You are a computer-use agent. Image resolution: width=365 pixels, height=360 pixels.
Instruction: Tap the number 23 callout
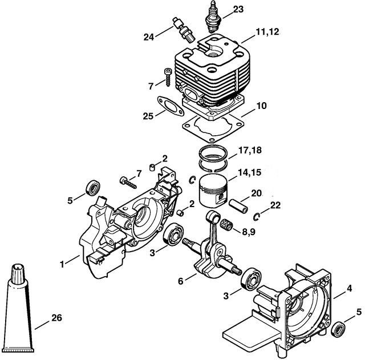(x=237, y=9)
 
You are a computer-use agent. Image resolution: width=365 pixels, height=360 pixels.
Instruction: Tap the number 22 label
(x=275, y=205)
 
